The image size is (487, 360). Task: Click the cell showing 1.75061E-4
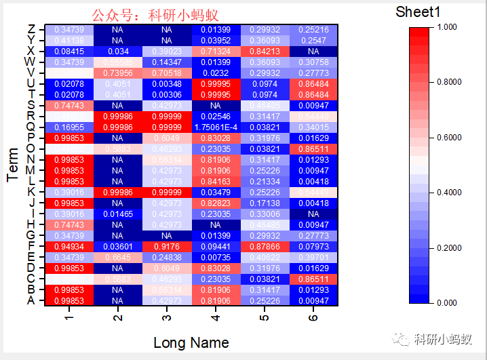pyautogui.click(x=216, y=127)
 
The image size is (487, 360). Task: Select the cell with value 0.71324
pyautogui.click(x=216, y=52)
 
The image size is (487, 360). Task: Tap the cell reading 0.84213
pyautogui.click(x=265, y=52)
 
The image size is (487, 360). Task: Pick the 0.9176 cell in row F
pyautogui.click(x=167, y=246)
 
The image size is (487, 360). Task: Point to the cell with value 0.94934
pyautogui.click(x=69, y=246)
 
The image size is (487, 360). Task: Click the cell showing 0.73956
pyautogui.click(x=118, y=73)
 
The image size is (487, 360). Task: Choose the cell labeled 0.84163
pyautogui.click(x=216, y=181)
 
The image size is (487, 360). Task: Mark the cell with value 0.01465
pyautogui.click(x=118, y=214)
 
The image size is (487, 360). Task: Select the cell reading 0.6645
pyautogui.click(x=118, y=257)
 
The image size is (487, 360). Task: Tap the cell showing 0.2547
pyautogui.click(x=313, y=41)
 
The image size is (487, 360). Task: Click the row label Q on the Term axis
pyautogui.click(x=31, y=127)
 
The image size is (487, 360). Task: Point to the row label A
pyautogui.click(x=31, y=300)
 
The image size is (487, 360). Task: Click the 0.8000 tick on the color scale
pyautogui.click(x=450, y=82)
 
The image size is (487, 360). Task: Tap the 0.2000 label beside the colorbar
pyautogui.click(x=450, y=248)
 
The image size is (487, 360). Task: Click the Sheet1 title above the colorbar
pyautogui.click(x=418, y=12)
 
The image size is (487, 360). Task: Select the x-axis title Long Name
pyautogui.click(x=191, y=342)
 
